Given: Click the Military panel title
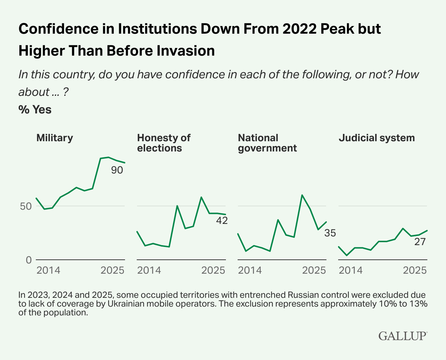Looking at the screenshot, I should click(54, 138).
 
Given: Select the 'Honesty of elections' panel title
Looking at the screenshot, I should click(163, 143).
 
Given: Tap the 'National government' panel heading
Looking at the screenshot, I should click(267, 143).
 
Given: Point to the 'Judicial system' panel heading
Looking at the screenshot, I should click(377, 138).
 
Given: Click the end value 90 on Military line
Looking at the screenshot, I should click(117, 170).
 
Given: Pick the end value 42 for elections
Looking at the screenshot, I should click(222, 221).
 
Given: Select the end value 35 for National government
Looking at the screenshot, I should click(330, 233).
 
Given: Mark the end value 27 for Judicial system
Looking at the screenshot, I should click(420, 242).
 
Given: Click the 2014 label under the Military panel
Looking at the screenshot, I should click(48, 270).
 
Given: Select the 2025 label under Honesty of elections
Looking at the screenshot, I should click(213, 270).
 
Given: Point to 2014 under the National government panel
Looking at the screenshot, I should click(250, 270).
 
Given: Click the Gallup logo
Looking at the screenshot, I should click(403, 335).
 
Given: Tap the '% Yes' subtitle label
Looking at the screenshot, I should click(35, 109).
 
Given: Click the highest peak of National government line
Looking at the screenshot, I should click(302, 195).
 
